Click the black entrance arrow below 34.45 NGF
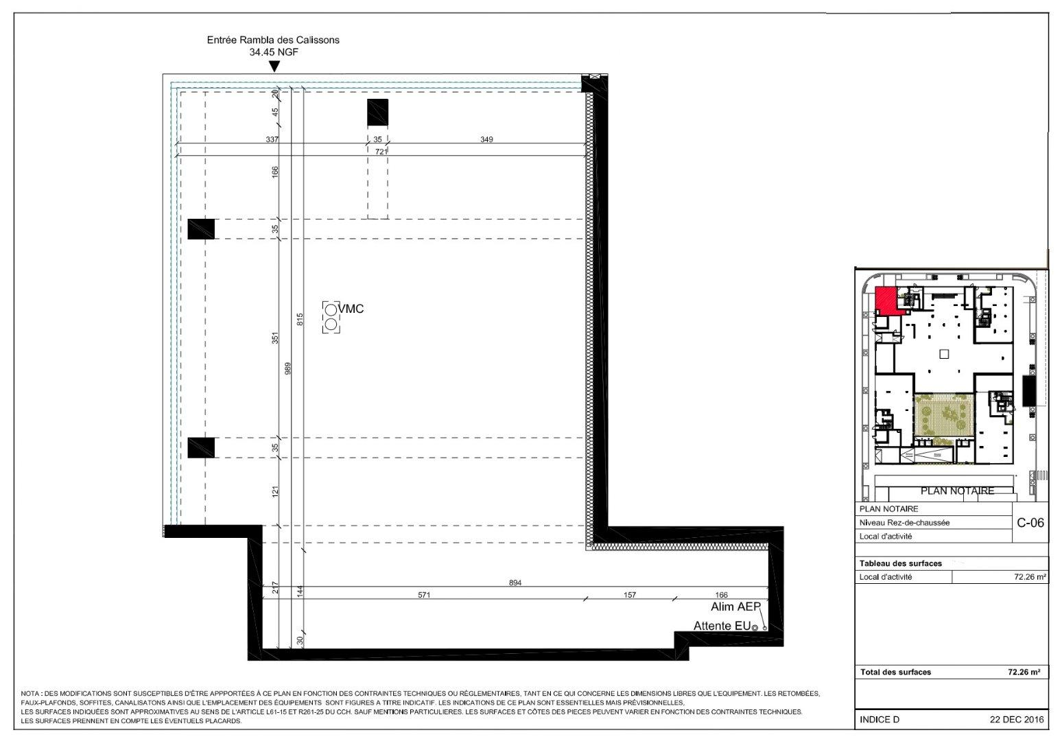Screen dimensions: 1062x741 click(274, 67)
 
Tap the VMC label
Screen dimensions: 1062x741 click(351, 309)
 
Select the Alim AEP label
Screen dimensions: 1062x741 click(735, 607)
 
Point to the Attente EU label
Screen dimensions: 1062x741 click(722, 626)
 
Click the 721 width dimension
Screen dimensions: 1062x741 click(381, 152)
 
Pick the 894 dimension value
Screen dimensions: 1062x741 click(515, 583)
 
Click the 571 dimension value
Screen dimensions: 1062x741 click(424, 595)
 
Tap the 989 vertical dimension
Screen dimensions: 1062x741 click(287, 368)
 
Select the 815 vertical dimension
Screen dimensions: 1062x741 click(300, 319)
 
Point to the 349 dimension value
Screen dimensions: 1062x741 click(486, 139)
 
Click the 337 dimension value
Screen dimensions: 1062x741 click(272, 139)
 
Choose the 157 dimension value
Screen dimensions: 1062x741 click(630, 595)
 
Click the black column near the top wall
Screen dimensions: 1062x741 click(377, 113)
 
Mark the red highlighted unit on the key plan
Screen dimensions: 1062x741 click(887, 302)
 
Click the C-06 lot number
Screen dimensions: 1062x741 click(1030, 523)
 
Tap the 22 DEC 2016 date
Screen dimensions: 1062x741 click(1017, 720)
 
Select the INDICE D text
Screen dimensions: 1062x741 click(880, 720)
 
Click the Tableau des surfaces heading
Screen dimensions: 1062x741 click(900, 564)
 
